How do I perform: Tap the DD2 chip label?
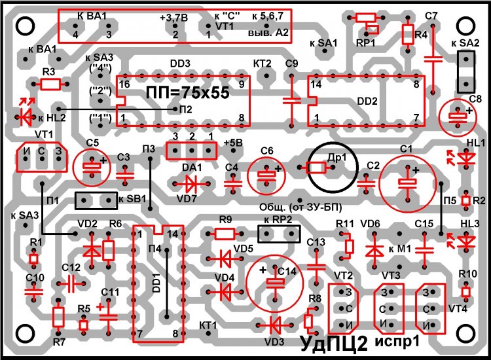click(x=367, y=102)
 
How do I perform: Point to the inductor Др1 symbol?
click(x=316, y=168)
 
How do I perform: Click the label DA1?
click(x=192, y=167)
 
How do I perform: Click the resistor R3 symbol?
click(x=50, y=84)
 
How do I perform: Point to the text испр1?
click(x=398, y=342)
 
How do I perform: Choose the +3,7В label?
click(x=173, y=19)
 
